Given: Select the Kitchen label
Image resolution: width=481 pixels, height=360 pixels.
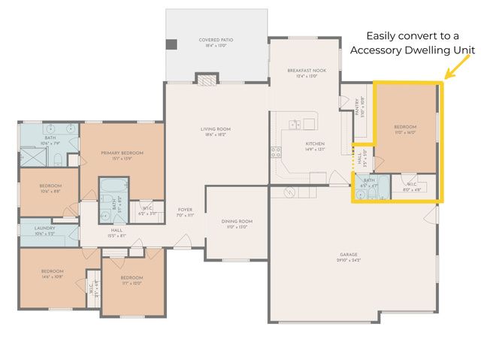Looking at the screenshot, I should pyautogui.click(x=314, y=146).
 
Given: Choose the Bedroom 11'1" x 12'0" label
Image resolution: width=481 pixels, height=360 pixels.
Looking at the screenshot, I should pyautogui.click(x=132, y=280).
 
